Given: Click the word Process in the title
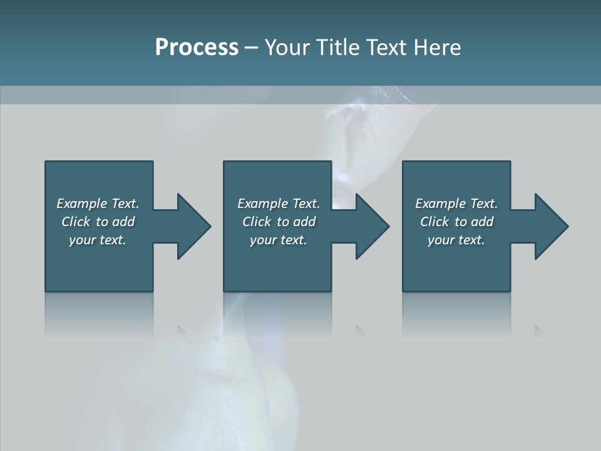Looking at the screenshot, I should [197, 48].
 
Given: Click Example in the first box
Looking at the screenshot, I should [81, 204].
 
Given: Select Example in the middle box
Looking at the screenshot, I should [262, 204].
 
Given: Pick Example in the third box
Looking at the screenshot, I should [440, 204].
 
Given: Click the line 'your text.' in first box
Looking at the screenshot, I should [98, 240].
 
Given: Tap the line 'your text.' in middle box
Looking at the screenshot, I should [279, 240].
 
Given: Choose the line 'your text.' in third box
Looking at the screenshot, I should [456, 240].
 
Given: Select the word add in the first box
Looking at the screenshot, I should [123, 222].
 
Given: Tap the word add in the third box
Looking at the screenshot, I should [482, 222].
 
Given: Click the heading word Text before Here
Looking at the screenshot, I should [388, 48].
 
